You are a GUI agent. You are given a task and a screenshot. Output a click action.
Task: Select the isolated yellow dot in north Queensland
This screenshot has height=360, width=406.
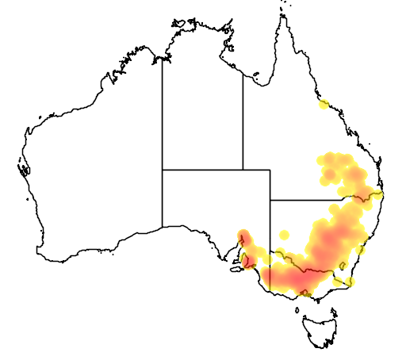coord(324,104)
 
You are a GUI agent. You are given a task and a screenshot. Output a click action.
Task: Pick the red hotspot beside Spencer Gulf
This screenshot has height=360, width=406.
coord(244,236)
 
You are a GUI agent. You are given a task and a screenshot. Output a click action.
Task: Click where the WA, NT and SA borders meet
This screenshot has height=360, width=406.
coord(163,169)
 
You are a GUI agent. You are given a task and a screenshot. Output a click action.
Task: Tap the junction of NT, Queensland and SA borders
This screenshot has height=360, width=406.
coord(243,169)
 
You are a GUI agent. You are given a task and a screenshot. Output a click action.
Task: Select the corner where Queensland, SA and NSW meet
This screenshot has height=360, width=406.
coord(270,200)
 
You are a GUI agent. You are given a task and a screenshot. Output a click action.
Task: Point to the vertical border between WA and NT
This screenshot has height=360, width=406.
coord(163,111)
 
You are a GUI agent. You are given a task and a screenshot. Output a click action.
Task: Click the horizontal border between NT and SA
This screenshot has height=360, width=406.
coord(202,169)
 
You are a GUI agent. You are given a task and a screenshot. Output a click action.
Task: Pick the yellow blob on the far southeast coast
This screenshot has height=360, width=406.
coord(349,281)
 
